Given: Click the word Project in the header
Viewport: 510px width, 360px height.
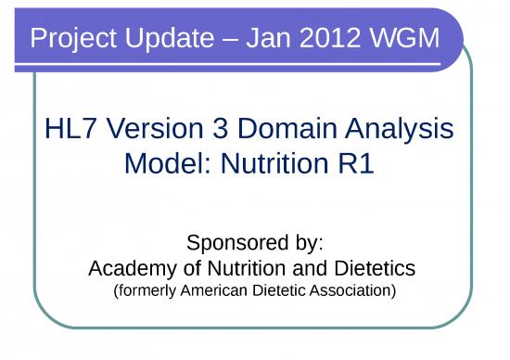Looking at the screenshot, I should (71, 39).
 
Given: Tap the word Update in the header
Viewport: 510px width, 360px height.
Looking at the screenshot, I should (170, 39).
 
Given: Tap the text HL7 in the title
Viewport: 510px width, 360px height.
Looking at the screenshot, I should (69, 129).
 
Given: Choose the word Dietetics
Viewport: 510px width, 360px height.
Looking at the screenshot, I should (371, 268).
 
